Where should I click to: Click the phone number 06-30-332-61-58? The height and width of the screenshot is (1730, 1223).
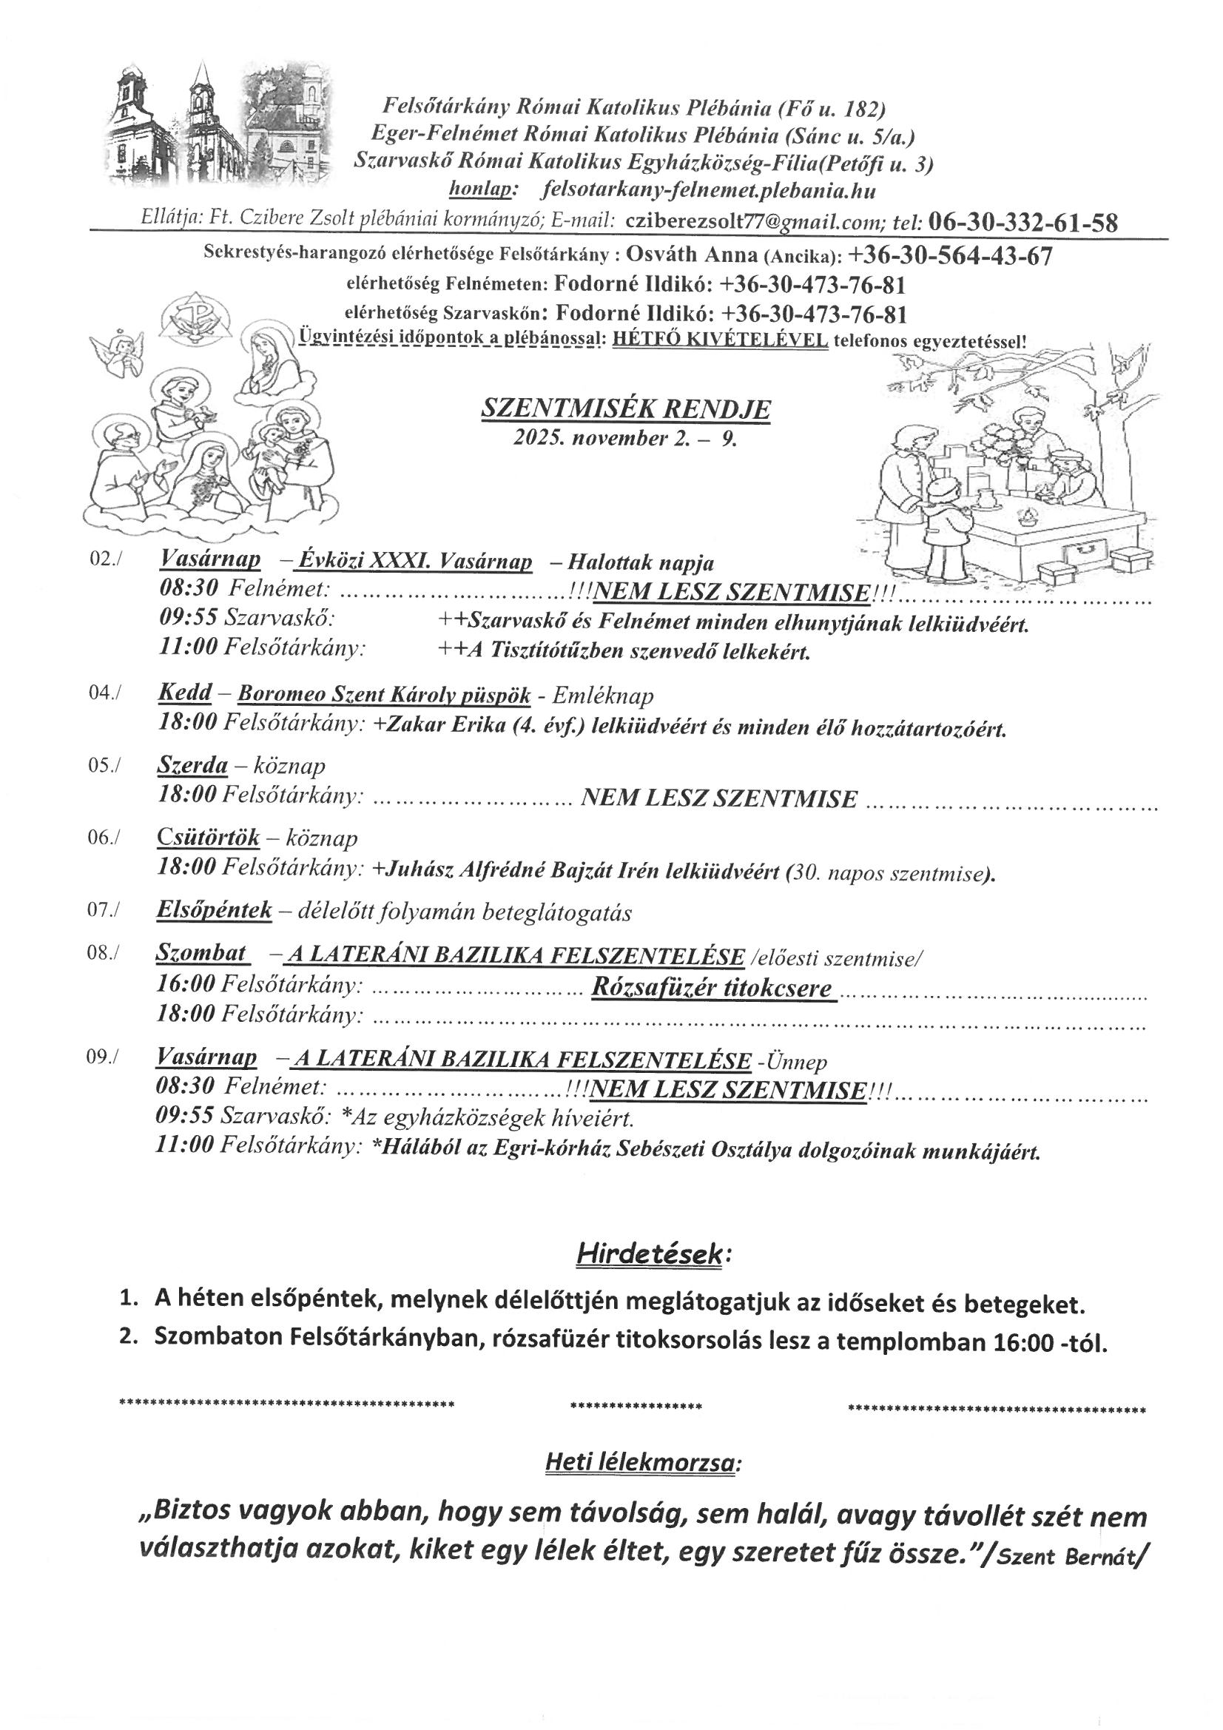coord(1022,222)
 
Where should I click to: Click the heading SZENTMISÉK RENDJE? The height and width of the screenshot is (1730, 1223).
coord(625,409)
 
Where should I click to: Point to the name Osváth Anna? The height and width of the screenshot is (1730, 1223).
coord(693,256)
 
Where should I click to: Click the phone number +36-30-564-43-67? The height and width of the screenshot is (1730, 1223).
coord(950,256)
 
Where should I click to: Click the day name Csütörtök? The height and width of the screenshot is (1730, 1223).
coord(209,837)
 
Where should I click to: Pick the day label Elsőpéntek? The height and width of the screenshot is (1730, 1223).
coord(214,910)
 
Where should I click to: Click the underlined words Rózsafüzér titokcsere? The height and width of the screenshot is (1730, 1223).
coord(712,988)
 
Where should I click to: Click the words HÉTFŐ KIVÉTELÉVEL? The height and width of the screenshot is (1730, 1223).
coord(721,339)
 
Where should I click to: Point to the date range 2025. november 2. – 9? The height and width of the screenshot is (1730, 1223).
coord(624,439)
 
